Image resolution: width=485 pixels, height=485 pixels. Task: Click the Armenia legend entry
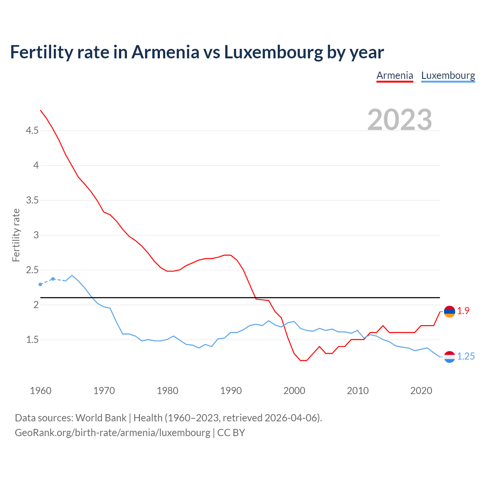click(394, 75)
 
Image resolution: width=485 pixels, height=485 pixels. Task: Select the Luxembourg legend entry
click(448, 75)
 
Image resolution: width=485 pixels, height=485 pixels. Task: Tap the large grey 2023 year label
click(400, 120)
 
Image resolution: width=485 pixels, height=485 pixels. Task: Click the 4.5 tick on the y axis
click(32, 131)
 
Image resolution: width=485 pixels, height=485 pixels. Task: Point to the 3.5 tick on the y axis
click(32, 200)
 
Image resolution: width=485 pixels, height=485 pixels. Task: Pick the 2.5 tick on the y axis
click(32, 270)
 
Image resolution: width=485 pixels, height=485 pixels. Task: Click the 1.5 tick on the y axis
click(32, 339)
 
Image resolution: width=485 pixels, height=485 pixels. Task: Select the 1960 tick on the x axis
click(41, 391)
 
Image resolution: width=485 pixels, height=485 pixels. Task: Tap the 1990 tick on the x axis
click(231, 391)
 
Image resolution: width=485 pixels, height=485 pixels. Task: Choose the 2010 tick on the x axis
click(358, 391)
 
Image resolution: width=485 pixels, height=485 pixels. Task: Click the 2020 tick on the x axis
click(421, 391)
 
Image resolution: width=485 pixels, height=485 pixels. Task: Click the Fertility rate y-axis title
click(16, 235)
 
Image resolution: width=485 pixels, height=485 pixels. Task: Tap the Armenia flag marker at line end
click(449, 311)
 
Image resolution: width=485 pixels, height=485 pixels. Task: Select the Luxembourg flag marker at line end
click(449, 357)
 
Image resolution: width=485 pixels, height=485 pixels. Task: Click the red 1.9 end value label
click(463, 311)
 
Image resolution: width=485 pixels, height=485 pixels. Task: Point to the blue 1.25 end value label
click(466, 357)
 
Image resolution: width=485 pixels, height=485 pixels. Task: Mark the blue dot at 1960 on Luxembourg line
click(41, 284)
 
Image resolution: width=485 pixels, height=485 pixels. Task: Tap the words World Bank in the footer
click(101, 418)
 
